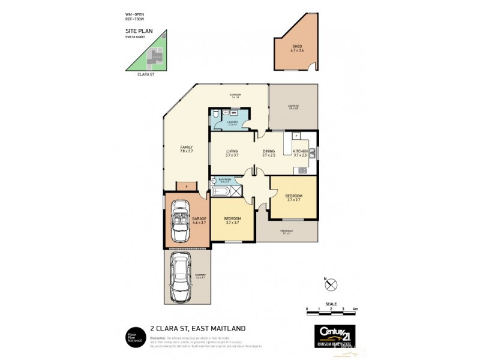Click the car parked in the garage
[181, 220]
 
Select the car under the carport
[181, 276]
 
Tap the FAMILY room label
[186, 149]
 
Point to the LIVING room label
[232, 153]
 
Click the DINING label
[268, 153]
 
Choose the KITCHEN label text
[300, 153]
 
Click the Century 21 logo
[335, 333]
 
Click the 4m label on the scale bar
[355, 308]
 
